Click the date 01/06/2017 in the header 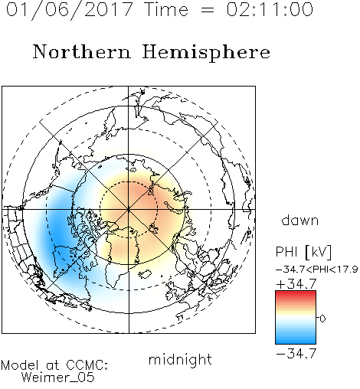70,10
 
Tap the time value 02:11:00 270,9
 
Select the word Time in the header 166,9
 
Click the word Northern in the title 82,52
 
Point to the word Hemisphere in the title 206,53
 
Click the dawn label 300,221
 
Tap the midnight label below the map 180,359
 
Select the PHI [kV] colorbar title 303,252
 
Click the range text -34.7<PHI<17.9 317,270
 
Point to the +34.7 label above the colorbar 296,284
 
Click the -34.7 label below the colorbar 296,354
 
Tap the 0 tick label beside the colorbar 322,319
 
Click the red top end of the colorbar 296,293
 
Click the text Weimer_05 58,378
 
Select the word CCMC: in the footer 87,365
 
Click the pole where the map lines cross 129,209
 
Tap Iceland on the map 145,274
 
